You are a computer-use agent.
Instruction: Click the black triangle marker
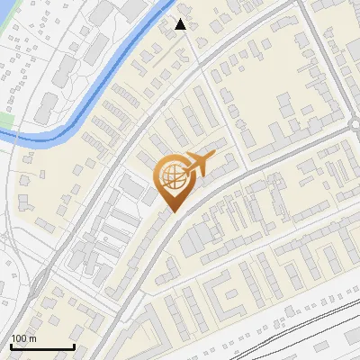coord(181,24)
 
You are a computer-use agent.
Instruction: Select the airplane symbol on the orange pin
coord(197,164)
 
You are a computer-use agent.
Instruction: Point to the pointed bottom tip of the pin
coord(172,212)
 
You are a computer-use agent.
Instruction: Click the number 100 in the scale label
coord(18,338)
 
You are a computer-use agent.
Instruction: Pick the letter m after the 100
coord(31,338)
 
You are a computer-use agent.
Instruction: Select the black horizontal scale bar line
coord(42,346)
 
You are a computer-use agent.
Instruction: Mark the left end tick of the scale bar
coord(11,345)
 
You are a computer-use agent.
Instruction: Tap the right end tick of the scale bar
coord(74,345)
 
